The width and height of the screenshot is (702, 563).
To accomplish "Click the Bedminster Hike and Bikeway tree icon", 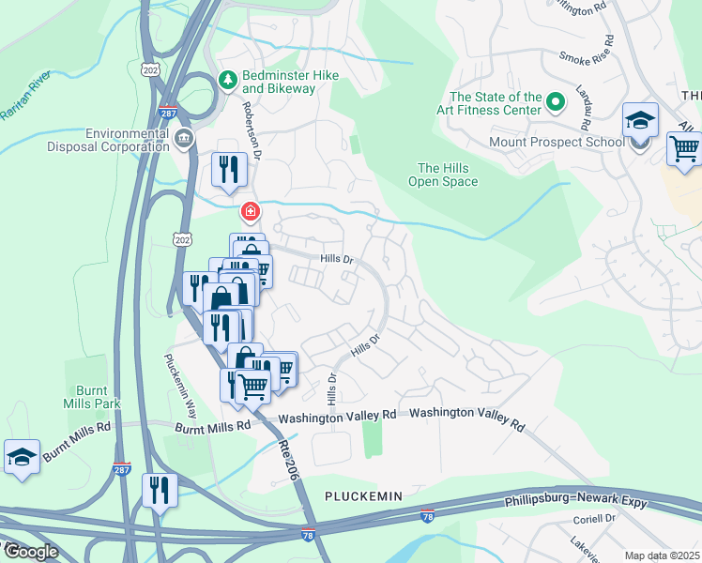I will (226, 82).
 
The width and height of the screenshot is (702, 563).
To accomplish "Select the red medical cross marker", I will (250, 211).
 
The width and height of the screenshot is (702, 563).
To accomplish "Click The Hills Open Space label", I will (448, 175).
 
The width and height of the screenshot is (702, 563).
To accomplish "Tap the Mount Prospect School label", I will (557, 143).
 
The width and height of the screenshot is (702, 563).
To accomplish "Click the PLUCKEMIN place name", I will (363, 495).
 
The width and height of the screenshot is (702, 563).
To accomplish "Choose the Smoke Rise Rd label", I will (587, 57).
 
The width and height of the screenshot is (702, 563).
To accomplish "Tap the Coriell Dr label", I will (594, 518).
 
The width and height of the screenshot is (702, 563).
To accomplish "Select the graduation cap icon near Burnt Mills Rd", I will (22, 457).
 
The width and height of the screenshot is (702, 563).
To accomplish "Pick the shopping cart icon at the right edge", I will (685, 148).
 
